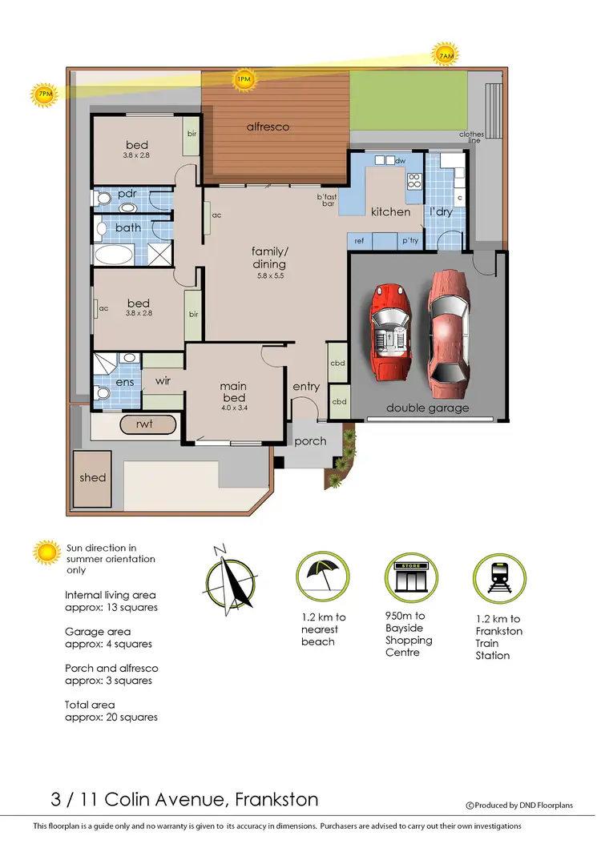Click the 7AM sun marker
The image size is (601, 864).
pos(446,55)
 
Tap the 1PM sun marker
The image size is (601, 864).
pos(244,78)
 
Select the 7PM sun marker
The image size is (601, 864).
pos(43,94)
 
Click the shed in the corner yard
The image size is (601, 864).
pos(92,478)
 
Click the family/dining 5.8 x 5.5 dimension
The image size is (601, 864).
pos(269,275)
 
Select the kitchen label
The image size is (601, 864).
pos(390,212)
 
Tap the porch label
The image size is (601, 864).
pos(310,441)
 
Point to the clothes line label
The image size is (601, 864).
pos(472,138)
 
